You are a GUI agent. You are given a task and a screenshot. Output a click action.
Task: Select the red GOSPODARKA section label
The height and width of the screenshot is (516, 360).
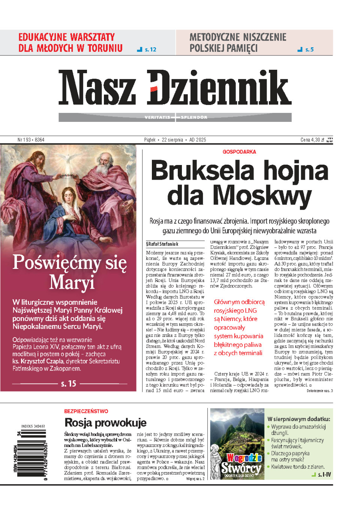[239, 152]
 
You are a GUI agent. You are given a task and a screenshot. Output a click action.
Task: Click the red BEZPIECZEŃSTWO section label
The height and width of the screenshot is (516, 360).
[86, 411]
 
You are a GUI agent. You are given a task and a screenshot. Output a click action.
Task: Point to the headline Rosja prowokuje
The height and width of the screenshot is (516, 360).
[105, 423]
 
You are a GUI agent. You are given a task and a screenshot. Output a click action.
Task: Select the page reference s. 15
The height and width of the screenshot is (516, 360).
[69, 384]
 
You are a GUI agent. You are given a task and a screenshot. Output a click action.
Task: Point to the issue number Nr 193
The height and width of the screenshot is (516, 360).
[31, 140]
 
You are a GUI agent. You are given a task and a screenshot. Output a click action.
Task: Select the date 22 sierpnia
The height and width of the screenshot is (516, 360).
[172, 140]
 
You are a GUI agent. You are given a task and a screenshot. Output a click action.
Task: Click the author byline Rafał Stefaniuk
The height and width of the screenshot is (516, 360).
[162, 244]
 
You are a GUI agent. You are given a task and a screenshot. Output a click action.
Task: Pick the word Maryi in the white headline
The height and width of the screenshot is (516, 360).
[72, 282]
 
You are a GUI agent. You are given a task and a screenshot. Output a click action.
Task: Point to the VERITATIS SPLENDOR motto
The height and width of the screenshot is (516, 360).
[175, 117]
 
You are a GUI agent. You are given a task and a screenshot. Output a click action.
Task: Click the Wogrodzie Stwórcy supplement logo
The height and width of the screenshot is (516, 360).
[242, 464]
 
